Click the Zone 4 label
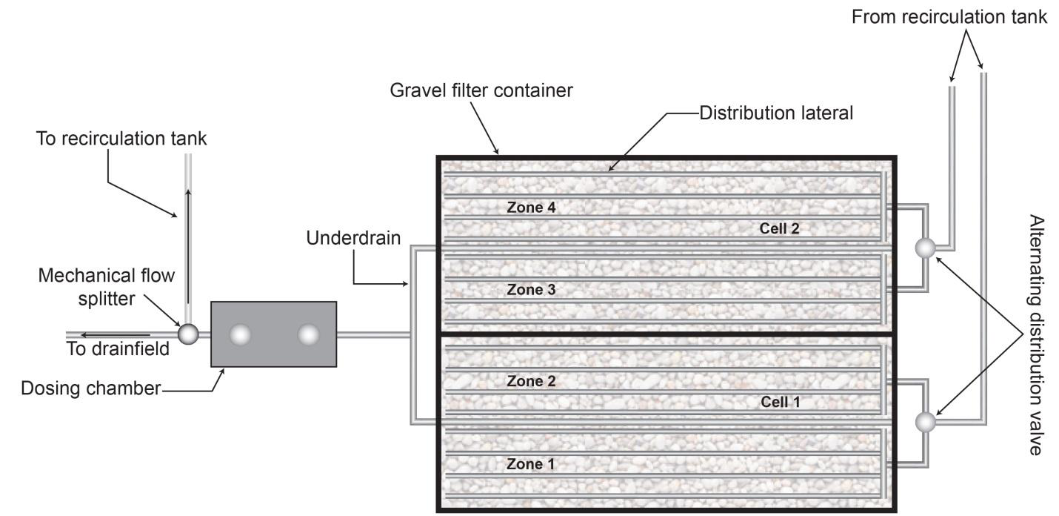point(531,208)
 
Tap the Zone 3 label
point(531,290)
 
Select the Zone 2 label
point(531,382)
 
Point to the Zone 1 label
point(531,465)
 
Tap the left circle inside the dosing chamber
point(241,335)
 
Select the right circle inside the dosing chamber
point(307,335)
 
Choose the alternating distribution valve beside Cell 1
point(925,422)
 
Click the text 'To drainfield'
point(118,349)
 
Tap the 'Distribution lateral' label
point(777,113)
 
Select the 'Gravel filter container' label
point(481,90)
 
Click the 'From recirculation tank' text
point(950,17)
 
